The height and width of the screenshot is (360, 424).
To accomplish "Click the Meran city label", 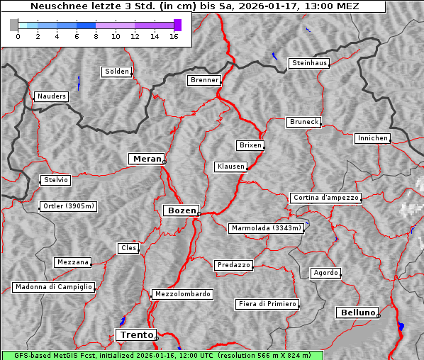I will click(x=147, y=159).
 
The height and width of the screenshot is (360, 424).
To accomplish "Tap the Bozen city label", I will click(x=181, y=210).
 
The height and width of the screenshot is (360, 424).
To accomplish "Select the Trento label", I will click(x=135, y=334).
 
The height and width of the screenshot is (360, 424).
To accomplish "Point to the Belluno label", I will click(x=357, y=312).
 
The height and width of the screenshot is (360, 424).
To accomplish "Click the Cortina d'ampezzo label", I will click(x=325, y=198).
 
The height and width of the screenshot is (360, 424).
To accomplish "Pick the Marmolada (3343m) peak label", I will click(x=267, y=228).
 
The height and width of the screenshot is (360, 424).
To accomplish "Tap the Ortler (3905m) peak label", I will click(x=67, y=207).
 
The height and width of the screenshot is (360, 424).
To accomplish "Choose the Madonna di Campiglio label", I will click(x=53, y=287).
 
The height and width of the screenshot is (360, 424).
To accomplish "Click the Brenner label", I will click(x=205, y=80).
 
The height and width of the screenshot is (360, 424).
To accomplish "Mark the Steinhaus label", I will click(x=310, y=63).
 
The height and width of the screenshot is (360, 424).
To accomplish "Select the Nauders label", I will click(x=52, y=96).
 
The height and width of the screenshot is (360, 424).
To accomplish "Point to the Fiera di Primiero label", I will click(x=267, y=304).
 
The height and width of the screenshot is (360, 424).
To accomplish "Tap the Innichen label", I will click(x=372, y=138).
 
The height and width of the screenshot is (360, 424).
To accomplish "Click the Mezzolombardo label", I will click(x=182, y=293).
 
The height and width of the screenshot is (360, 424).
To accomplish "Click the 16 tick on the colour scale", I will click(x=174, y=36).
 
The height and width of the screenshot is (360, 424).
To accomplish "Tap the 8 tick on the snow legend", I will click(x=96, y=36).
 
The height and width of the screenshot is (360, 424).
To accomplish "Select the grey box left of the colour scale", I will click(x=13, y=25).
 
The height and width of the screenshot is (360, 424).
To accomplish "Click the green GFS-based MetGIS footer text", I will click(x=162, y=355).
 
